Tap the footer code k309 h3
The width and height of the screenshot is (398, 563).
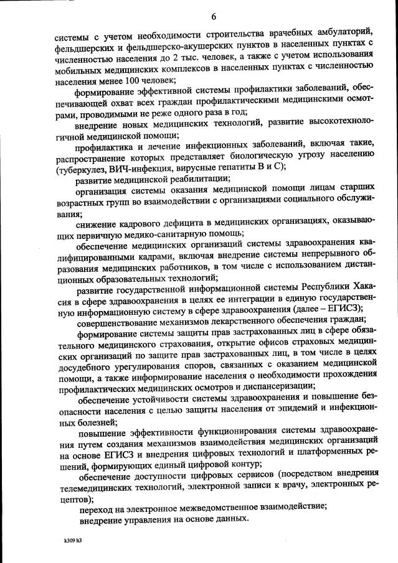(x=72, y=541)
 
